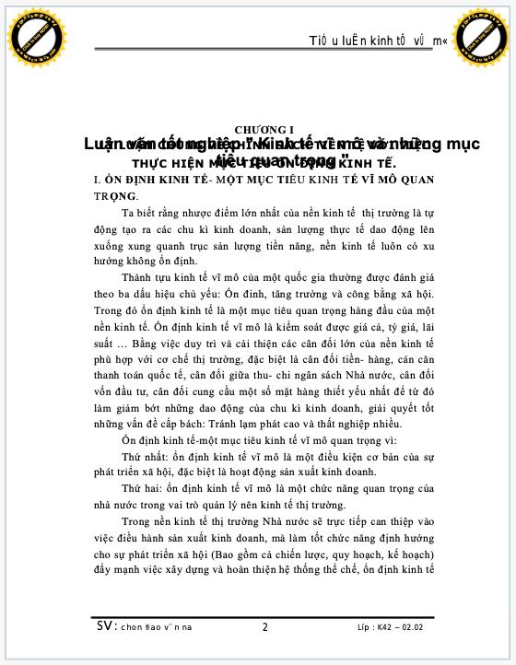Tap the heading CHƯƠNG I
[x=264, y=128]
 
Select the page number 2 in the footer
[x=264, y=627]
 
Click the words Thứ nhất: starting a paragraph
[x=145, y=456]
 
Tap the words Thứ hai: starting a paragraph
[x=141, y=488]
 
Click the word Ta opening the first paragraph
[x=128, y=213]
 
